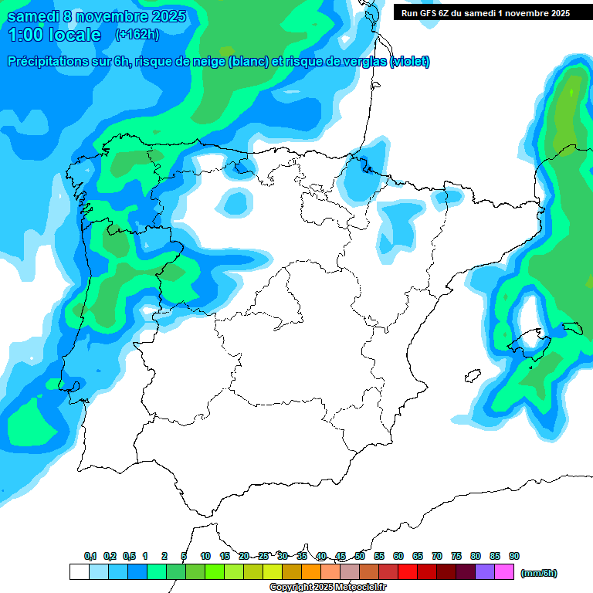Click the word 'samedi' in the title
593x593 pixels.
[x=29, y=16]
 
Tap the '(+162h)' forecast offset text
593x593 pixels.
[x=137, y=34]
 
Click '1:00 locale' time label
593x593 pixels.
[x=54, y=35]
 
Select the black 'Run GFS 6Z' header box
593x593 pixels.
[x=485, y=12]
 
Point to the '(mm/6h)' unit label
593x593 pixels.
[x=539, y=572]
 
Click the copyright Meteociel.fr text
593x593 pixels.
[x=327, y=588]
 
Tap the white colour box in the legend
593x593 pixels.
[x=79, y=572]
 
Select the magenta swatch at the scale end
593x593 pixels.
[x=504, y=572]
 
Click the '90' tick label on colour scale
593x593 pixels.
[x=514, y=556]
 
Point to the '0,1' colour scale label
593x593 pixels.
[x=90, y=556]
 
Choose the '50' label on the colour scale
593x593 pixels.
[x=360, y=556]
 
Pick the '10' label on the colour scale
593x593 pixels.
[x=205, y=556]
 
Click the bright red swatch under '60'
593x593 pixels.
[x=408, y=572]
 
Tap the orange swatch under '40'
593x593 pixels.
[x=311, y=572]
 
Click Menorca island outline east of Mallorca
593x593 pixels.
[x=572, y=328]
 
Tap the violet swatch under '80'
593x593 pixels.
[x=485, y=572]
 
